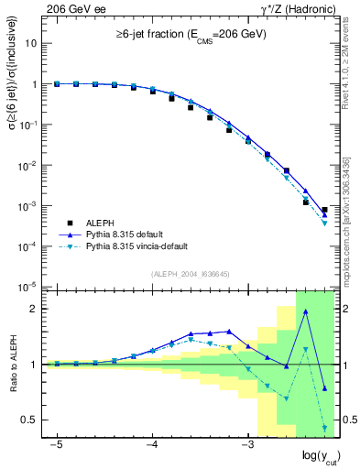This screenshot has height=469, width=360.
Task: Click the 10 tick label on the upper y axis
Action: pyautogui.click(x=32, y=43)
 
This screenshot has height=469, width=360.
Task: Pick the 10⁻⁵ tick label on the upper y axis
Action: pyautogui.click(x=30, y=287)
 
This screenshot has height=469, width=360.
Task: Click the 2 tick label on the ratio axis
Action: pyautogui.click(x=36, y=309)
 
